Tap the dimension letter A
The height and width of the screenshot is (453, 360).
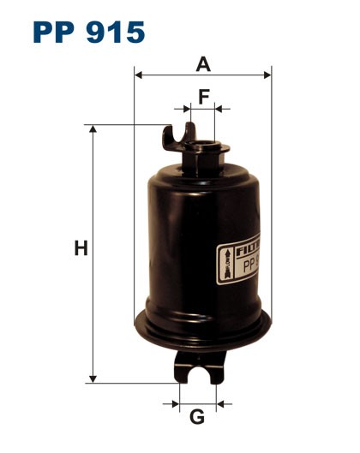pos(203,63)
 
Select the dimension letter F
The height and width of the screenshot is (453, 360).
pos(203,96)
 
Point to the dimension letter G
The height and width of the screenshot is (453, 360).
pos(197,417)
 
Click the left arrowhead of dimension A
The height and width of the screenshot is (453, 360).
pos(139,75)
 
